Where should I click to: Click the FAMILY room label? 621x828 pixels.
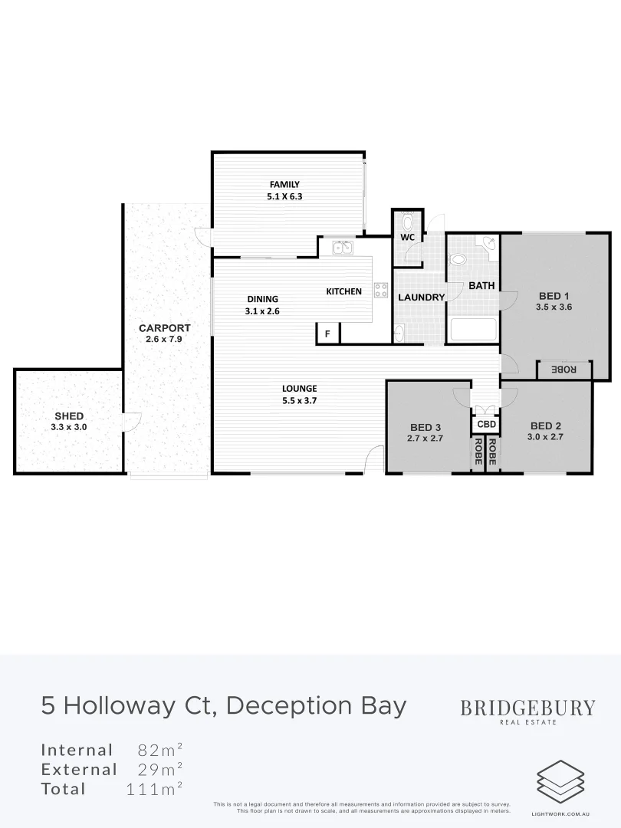coord(284,184)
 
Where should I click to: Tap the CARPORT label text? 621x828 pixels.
coord(164,328)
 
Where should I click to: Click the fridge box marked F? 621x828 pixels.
coord(327,334)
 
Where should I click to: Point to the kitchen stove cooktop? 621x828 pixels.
coord(381,290)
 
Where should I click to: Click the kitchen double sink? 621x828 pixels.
coord(342,247)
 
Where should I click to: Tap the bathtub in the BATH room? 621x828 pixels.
coord(473,330)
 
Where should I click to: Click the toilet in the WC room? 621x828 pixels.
coord(407,223)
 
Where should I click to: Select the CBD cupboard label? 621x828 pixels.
coord(487,424)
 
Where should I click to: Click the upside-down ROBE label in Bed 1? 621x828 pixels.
coord(564,370)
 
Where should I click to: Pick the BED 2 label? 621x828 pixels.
coord(547,426)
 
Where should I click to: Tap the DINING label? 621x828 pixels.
coord(262,299)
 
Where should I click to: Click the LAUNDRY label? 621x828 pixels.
coord(421,297)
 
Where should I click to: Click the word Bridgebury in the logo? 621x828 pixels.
coord(527,708)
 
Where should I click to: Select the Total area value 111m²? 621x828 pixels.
coord(154,789)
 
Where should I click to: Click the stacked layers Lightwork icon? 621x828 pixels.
coord(560,781)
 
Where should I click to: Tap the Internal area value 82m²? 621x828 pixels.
coord(159,750)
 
